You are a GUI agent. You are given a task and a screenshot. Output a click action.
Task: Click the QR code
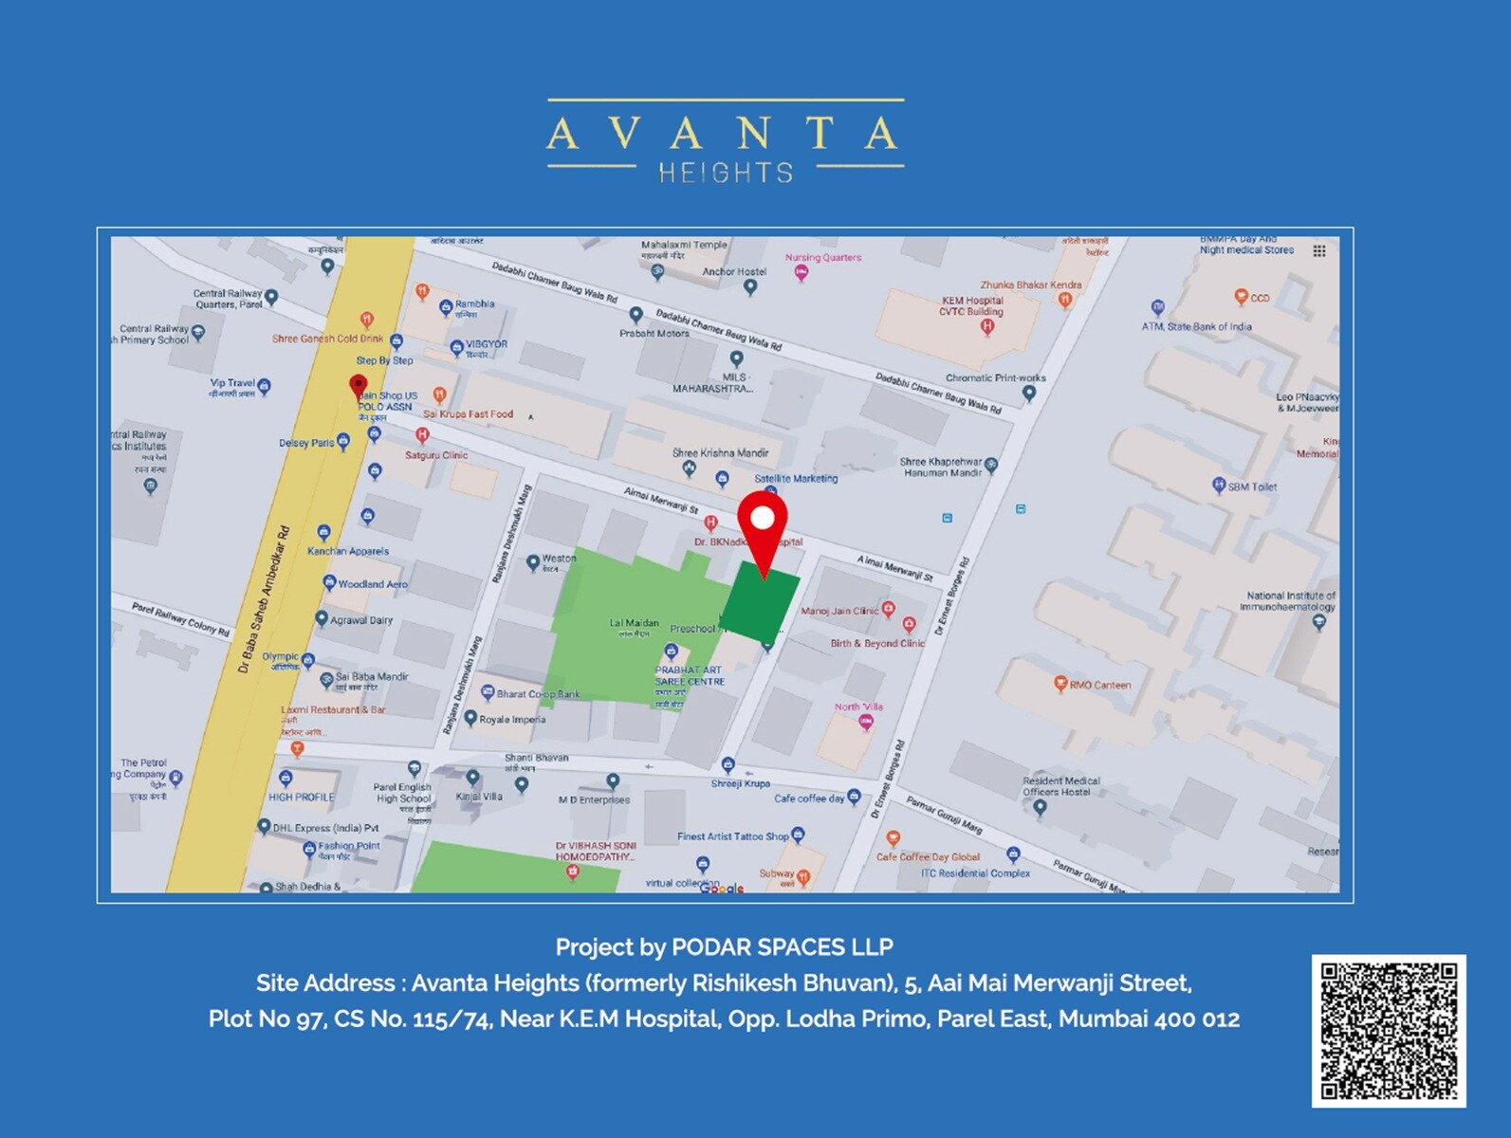coord(1389,1031)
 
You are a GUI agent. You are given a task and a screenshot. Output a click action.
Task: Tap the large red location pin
coord(763,525)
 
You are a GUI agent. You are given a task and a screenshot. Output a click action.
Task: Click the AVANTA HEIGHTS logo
coord(725,142)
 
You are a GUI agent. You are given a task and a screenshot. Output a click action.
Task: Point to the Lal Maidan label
coord(634,624)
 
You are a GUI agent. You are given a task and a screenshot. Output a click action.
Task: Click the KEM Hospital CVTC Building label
coord(971,306)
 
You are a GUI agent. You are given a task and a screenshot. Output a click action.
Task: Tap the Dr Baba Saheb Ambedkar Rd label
coord(264,599)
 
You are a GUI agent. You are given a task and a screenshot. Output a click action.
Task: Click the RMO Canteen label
coord(1099,685)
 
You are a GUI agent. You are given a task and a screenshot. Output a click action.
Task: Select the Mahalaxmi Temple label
coord(684,245)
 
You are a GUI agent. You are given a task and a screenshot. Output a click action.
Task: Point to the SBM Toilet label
coord(1252,486)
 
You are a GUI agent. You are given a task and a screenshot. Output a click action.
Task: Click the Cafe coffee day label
coord(809,798)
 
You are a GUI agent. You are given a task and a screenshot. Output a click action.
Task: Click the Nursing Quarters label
coord(822,257)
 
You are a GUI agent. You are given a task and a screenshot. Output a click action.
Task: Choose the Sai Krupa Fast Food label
coord(468,413)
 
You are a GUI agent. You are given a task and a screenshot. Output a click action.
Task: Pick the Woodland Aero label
coord(373,584)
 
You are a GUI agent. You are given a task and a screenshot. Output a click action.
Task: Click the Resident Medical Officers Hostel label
coord(1060,786)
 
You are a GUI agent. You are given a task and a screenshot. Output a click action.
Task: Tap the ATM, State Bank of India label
coord(1196,326)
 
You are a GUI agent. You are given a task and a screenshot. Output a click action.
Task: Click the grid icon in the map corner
coord(1318,251)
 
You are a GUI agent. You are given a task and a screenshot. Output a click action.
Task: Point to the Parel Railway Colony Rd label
coord(180,618)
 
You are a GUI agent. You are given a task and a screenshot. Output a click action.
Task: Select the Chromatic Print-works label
coord(995,377)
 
